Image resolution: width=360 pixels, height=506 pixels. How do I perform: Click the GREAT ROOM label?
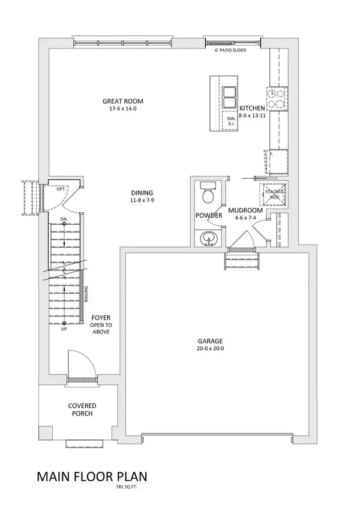coord(122,101)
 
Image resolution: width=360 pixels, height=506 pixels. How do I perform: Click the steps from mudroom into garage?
coord(242,261)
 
